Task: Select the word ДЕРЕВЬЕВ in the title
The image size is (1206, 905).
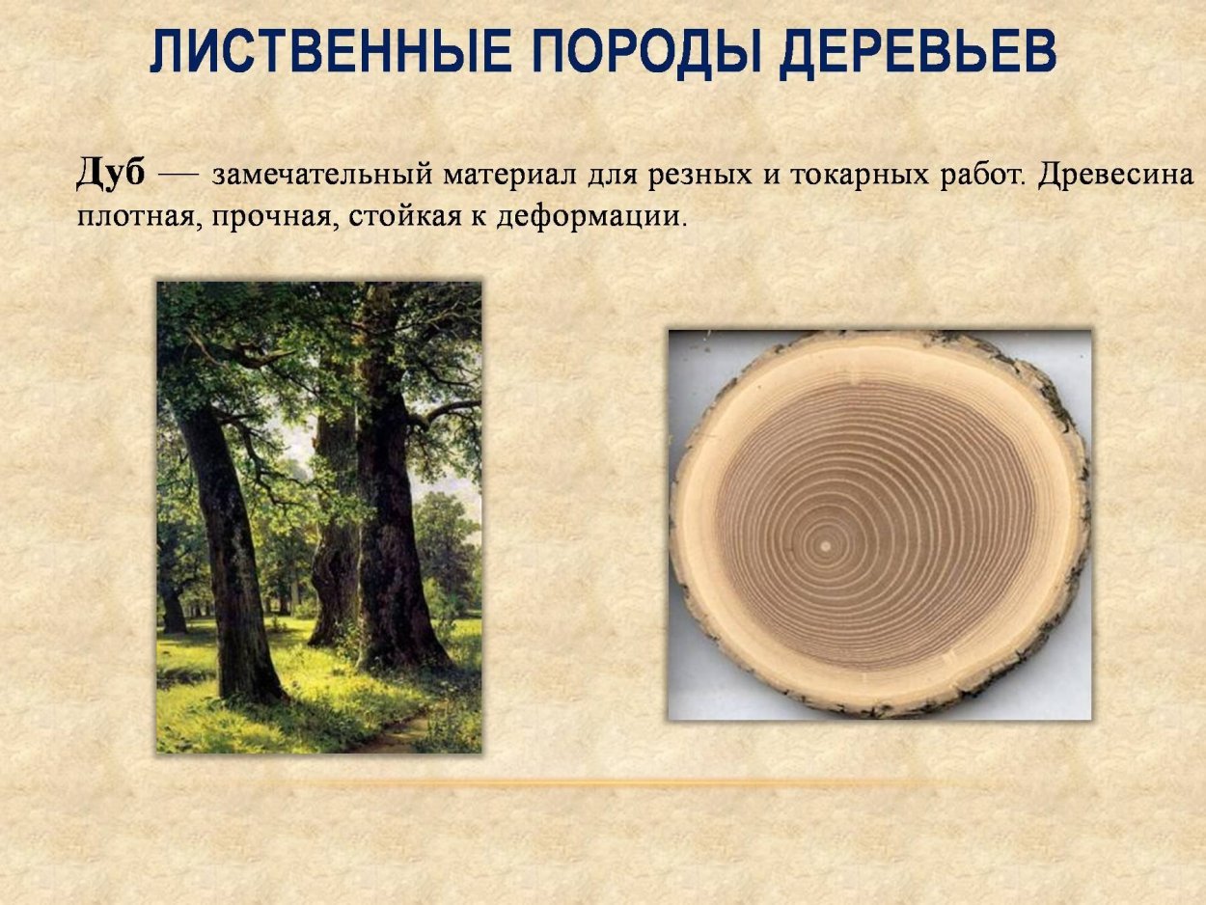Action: (917, 52)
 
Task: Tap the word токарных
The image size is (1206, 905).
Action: (860, 176)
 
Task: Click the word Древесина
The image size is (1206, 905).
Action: (1115, 176)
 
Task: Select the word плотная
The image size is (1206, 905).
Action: (136, 216)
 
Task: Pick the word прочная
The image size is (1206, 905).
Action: (272, 217)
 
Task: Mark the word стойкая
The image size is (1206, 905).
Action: (404, 215)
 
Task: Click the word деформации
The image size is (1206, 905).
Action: (591, 216)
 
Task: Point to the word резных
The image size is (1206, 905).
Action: (699, 176)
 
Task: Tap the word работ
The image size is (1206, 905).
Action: (982, 175)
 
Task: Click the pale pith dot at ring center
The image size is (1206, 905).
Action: (825, 546)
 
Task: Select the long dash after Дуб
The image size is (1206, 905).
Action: (178, 176)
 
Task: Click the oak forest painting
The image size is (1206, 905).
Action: (319, 517)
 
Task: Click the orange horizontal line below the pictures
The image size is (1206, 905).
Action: (593, 782)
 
